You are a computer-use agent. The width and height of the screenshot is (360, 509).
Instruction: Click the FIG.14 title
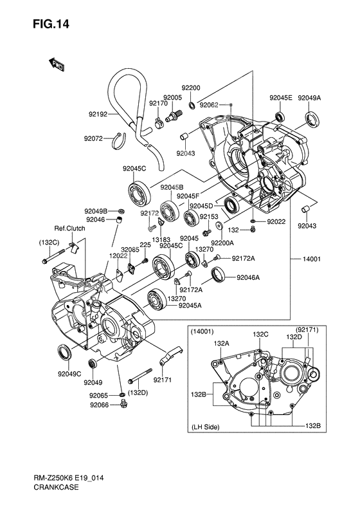tap(51, 24)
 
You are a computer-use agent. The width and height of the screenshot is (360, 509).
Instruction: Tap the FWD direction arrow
tap(57, 64)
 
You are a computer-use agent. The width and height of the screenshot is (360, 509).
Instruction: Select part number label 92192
tap(98, 115)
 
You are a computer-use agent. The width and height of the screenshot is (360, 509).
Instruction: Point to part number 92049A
tap(309, 98)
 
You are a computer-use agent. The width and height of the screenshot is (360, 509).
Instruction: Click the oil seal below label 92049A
tap(312, 119)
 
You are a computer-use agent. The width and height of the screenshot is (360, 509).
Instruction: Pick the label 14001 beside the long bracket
tap(312, 259)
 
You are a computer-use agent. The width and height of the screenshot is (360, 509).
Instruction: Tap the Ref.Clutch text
tap(69, 228)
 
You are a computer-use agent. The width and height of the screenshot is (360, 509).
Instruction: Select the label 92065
tap(99, 395)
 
